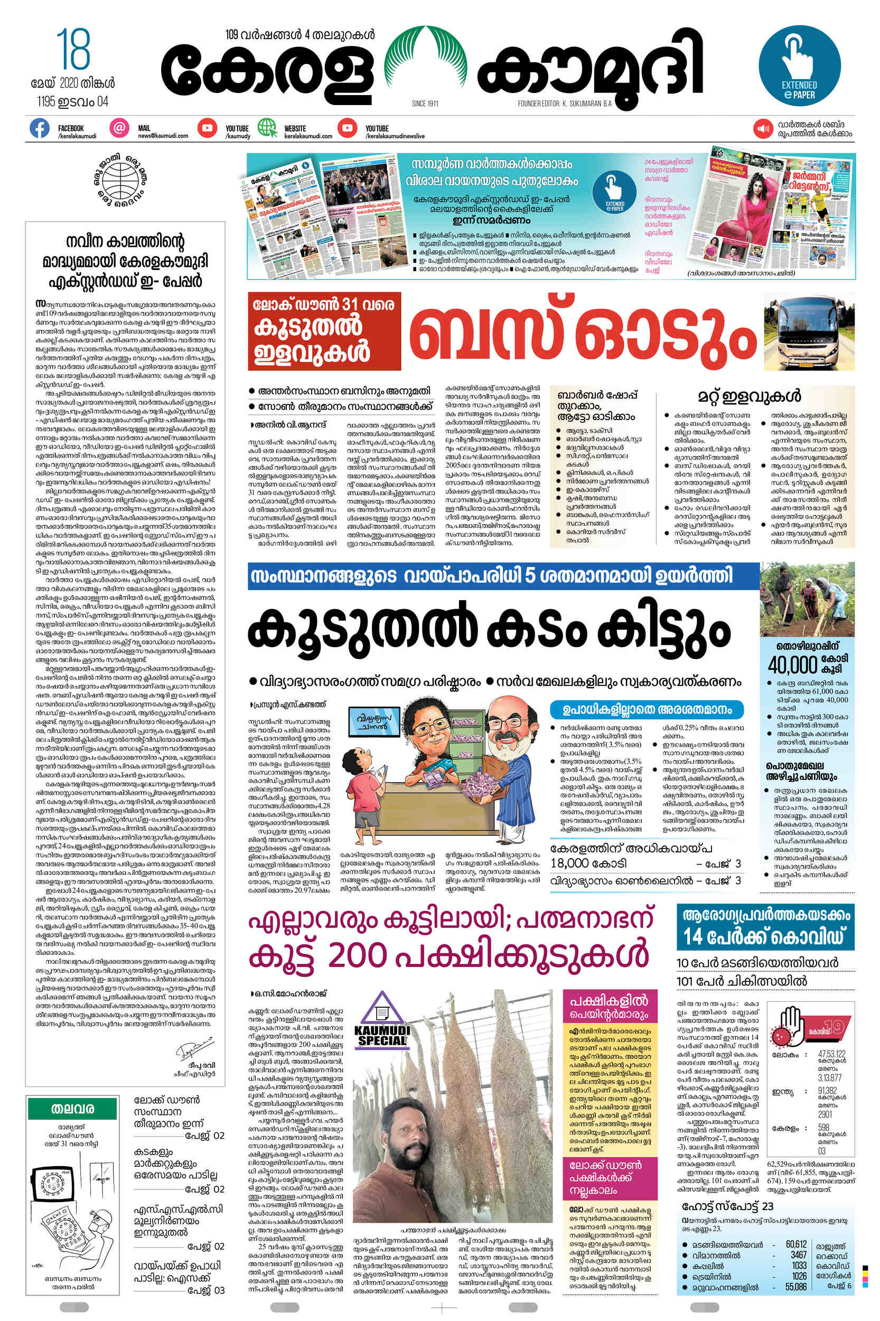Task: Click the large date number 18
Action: [73, 50]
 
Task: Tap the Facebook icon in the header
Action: [39, 128]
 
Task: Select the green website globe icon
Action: [267, 128]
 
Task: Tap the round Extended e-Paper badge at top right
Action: [799, 66]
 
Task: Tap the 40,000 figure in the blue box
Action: [792, 665]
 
